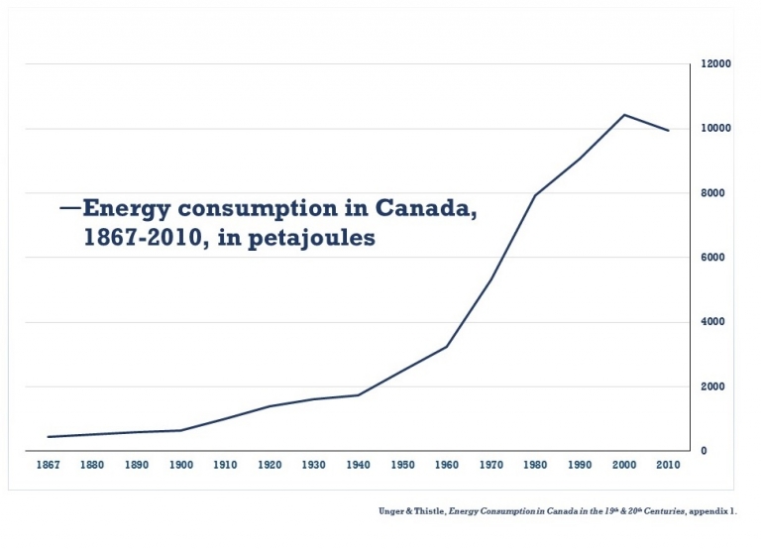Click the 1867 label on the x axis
pos(47,464)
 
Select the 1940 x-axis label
pos(358,464)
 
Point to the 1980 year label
pos(535,464)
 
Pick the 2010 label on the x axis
pos(669,464)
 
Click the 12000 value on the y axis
pos(716,64)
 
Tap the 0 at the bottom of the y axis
pos(704,451)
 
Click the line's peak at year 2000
pos(624,115)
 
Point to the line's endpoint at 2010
pos(669,131)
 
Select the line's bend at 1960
pos(447,347)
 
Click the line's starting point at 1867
pos(47,437)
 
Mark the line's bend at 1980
pos(535,195)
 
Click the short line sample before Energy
pos(69,208)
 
